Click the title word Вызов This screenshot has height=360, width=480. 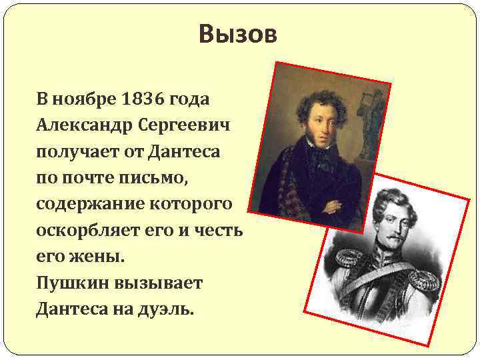click(x=237, y=34)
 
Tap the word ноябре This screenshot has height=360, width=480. click(x=83, y=99)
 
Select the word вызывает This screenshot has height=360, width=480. click(x=159, y=283)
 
